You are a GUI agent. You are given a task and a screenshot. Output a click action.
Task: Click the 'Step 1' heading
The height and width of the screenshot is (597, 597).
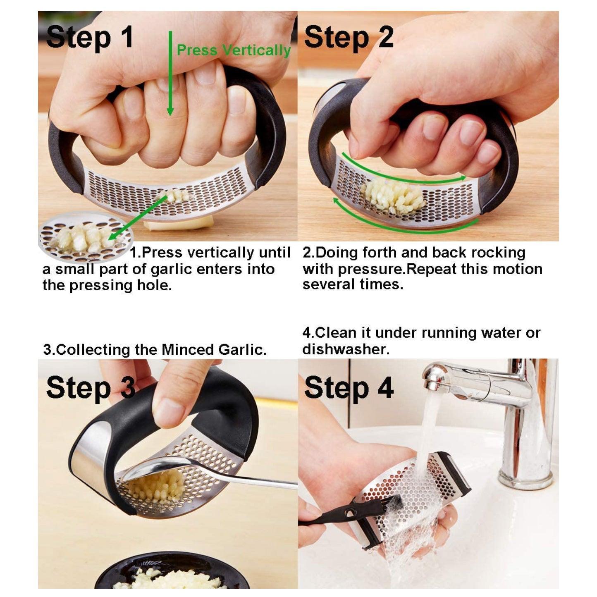coord(89,37)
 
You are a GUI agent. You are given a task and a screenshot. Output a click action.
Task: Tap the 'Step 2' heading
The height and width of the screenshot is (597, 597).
coord(348,37)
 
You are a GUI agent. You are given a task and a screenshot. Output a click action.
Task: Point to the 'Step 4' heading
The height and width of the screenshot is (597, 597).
coord(348,388)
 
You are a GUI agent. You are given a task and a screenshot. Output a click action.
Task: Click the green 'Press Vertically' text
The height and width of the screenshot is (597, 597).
coord(234,50)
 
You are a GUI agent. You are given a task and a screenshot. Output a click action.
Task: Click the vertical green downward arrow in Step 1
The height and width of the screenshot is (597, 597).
coord(170,74)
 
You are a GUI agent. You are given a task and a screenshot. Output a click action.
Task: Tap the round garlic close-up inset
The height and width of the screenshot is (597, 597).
coord(85,238)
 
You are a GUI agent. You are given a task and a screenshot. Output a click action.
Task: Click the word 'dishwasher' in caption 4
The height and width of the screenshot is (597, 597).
coord(345,349)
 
